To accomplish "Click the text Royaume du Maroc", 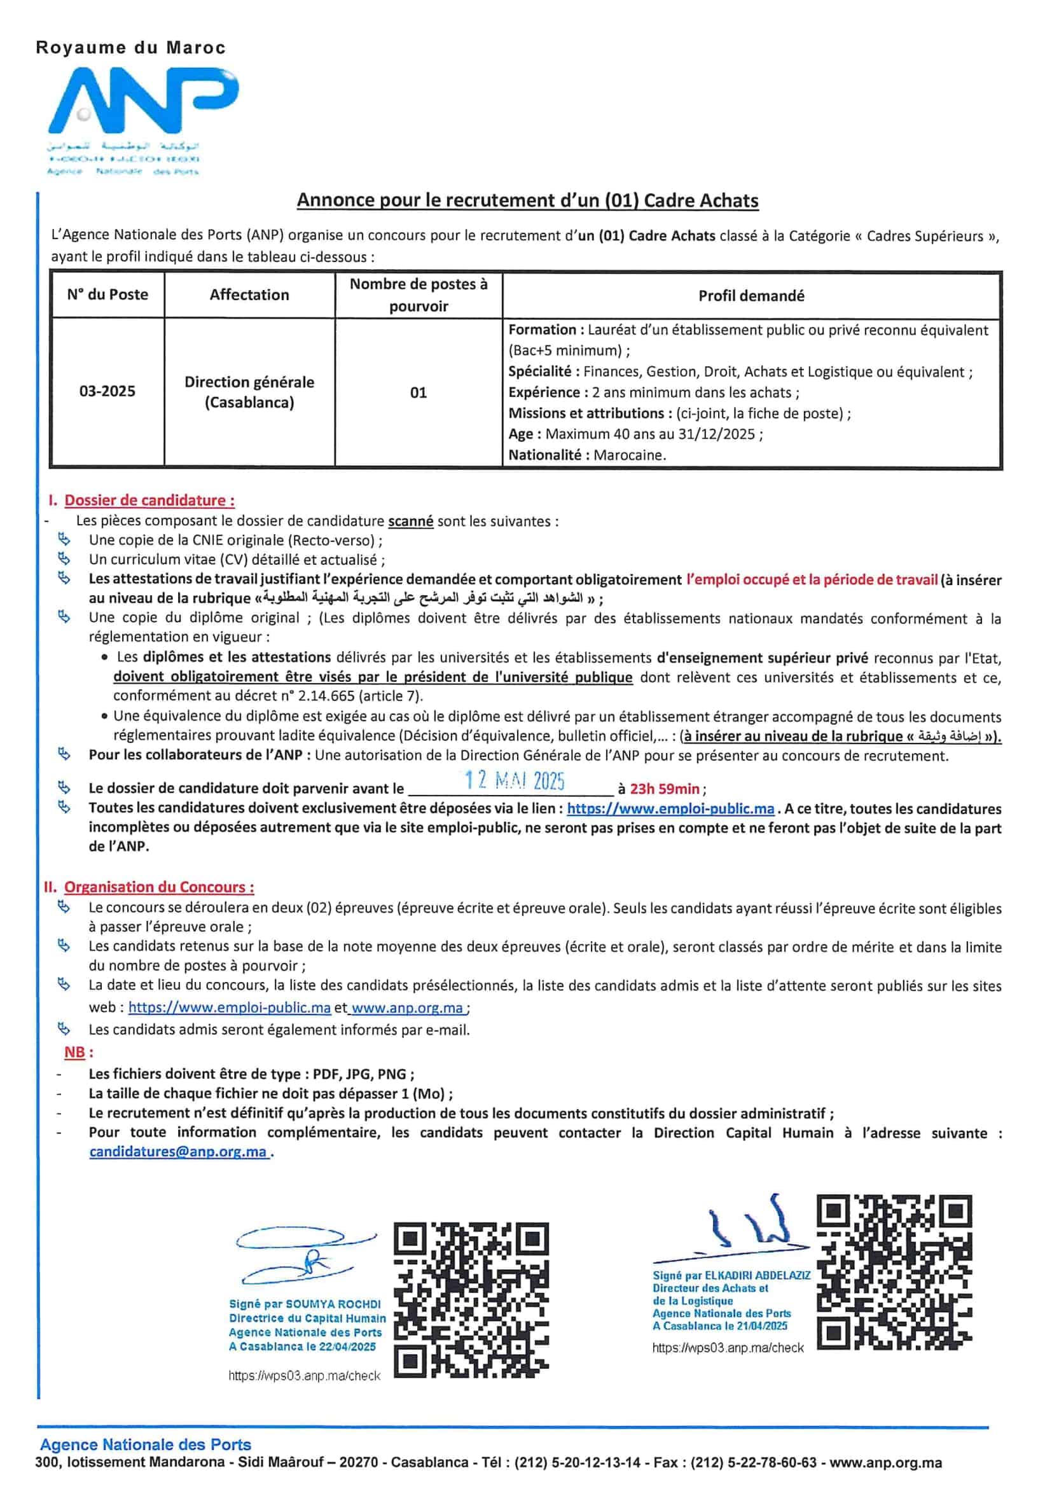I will pos(131,48).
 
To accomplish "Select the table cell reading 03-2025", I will pos(107,391).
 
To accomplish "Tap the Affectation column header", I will pos(249,294).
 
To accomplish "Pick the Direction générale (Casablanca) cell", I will pos(249,392).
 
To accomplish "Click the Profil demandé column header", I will pos(751,296).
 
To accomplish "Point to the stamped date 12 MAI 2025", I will pos(515,780).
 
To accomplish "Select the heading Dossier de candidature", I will pos(149,500).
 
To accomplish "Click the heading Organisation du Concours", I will pos(159,887).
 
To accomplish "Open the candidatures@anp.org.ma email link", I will pos(178,1152).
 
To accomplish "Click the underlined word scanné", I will pos(411,522).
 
